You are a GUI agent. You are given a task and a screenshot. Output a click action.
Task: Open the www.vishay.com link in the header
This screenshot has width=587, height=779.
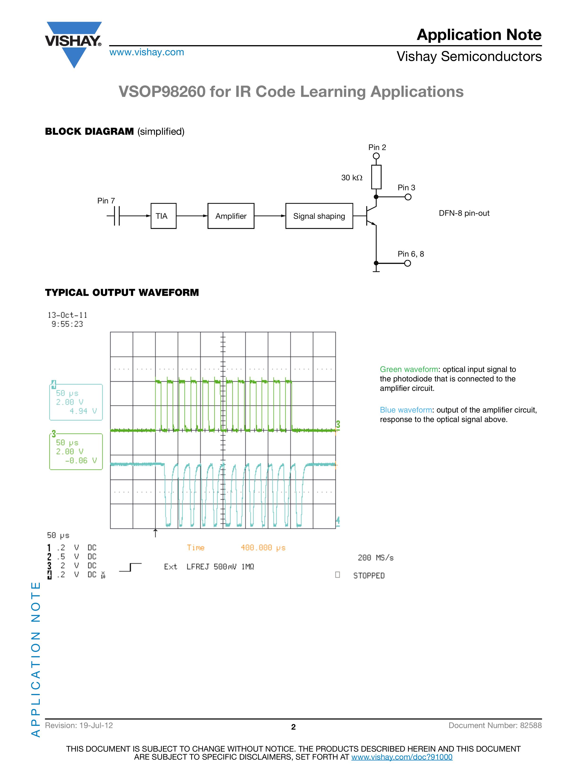click(147, 52)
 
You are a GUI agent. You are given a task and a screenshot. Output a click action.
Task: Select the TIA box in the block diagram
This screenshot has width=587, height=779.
click(163, 216)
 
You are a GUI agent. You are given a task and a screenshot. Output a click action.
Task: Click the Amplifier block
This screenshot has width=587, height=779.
click(231, 216)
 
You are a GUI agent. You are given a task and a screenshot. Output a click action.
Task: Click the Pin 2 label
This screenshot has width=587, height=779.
click(377, 147)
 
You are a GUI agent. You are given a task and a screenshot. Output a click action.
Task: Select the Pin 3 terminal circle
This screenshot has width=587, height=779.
click(408, 197)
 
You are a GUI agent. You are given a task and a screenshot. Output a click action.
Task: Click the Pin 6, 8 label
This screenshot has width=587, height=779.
click(411, 254)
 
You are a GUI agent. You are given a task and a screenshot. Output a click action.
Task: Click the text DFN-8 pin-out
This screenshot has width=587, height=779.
click(464, 213)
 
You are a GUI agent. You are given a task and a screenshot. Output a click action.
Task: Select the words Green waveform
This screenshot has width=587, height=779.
click(409, 369)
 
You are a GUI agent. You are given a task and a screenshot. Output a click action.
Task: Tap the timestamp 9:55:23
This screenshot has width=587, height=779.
click(67, 324)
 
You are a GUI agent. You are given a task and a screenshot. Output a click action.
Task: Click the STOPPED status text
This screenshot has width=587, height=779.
click(369, 575)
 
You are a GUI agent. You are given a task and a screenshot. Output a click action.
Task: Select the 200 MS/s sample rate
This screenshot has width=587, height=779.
click(375, 557)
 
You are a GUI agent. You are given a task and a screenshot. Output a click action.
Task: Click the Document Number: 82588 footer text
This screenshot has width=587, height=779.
click(495, 725)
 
